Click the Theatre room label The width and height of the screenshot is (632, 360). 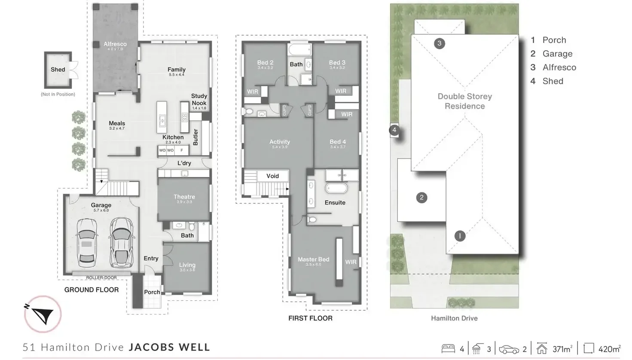point(184,197)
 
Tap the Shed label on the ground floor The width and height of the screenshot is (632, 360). point(58,70)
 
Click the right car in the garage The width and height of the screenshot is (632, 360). point(122,242)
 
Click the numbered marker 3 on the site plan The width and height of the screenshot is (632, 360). point(439,43)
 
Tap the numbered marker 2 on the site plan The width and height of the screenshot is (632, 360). point(421,198)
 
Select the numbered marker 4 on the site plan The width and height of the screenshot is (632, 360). point(394,130)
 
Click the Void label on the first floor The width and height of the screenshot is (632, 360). point(272,176)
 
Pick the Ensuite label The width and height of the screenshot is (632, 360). point(335,203)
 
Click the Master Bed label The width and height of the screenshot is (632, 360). point(313,259)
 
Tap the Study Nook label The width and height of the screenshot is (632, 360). point(199,100)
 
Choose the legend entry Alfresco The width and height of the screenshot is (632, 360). point(559,67)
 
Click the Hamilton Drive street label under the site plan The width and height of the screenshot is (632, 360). point(454,318)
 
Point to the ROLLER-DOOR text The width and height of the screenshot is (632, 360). point(101,278)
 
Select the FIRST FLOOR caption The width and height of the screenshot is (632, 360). point(310,318)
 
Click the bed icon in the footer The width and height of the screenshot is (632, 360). point(448,348)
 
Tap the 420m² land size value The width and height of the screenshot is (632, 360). point(609,349)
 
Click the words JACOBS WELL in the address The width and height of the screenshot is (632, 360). point(170,347)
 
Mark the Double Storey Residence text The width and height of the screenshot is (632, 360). point(464,101)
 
